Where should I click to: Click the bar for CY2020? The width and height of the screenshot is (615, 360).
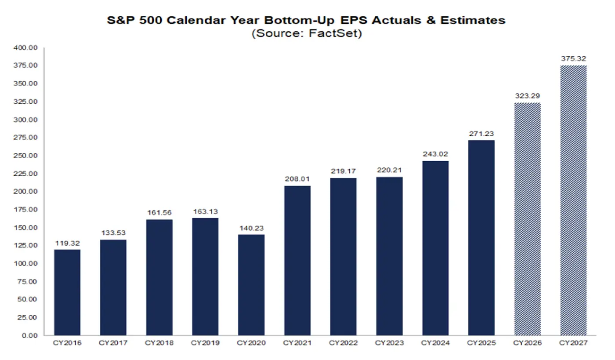(x=251, y=285)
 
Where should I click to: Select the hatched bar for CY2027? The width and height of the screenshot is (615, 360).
(x=573, y=200)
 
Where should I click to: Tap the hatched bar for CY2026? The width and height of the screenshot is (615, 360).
(x=528, y=219)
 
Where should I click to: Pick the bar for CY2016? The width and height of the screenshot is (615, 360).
(x=67, y=292)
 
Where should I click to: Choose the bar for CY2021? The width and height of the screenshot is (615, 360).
(x=297, y=260)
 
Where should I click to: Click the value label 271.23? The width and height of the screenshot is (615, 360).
(x=481, y=134)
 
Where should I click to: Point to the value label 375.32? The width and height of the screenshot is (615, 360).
(x=573, y=58)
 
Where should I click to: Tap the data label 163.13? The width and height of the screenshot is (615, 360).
(x=205, y=211)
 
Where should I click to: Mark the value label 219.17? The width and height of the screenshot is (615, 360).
(x=343, y=171)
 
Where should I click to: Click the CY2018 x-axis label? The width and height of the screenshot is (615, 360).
(x=159, y=342)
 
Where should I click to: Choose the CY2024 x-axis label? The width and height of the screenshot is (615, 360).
(x=435, y=342)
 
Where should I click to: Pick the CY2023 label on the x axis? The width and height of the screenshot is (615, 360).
(x=389, y=342)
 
